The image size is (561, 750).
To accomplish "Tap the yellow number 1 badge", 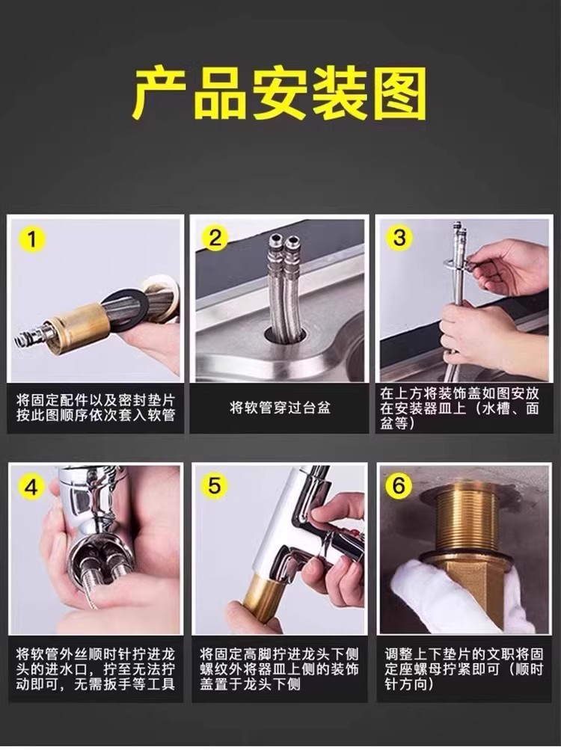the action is (x=32, y=238).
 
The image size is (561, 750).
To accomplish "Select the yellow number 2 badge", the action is (x=215, y=238).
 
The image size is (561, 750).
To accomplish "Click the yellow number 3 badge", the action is (x=399, y=238).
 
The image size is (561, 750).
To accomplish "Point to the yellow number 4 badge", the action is (x=31, y=487).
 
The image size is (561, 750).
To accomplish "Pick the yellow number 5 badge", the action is (x=215, y=487).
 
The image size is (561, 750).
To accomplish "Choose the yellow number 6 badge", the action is (x=398, y=487).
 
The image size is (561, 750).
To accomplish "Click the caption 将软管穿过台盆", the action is (x=280, y=408).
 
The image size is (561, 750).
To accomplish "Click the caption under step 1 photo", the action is (x=96, y=408).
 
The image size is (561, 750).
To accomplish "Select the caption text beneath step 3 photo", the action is (x=460, y=408).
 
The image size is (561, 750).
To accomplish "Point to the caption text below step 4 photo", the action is (x=95, y=668).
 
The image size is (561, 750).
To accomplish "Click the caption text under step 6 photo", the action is (x=464, y=668).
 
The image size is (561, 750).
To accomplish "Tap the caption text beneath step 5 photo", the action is (x=280, y=668).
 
